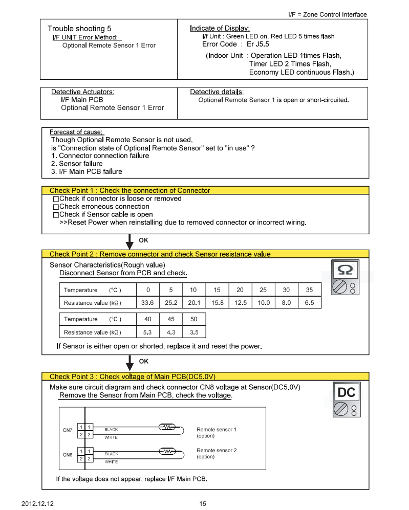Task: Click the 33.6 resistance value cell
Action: point(148,303)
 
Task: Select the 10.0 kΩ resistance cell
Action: point(263,303)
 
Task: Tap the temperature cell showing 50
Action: point(194,319)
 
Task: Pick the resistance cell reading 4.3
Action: point(171,332)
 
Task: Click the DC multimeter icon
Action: point(345,402)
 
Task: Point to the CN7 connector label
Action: point(68,430)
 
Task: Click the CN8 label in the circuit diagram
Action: point(68,454)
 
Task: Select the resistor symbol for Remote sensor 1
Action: point(167,427)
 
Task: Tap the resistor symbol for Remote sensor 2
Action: point(167,451)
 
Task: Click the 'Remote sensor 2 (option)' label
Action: point(217,453)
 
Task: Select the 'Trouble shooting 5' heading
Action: point(79,29)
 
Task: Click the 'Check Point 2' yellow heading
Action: point(160,254)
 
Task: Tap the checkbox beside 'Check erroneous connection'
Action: point(56,207)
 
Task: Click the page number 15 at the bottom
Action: point(203,503)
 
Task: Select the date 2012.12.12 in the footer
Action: point(37,503)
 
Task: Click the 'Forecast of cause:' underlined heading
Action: point(76,132)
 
